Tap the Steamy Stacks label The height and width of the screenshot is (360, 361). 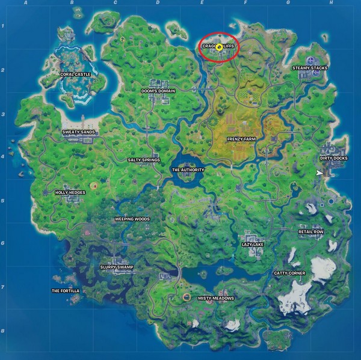[x=310, y=68]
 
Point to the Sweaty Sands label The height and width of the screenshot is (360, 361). [x=78, y=131]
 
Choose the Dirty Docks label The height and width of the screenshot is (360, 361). [x=333, y=158]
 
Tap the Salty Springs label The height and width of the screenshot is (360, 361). [x=144, y=160]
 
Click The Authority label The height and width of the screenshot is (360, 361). [x=188, y=169]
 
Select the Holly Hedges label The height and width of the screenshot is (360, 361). [x=70, y=192]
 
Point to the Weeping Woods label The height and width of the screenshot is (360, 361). [x=132, y=219]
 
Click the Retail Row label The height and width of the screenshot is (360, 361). [x=310, y=231]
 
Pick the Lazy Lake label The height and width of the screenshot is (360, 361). [x=253, y=245]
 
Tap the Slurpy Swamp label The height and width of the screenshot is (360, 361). [x=117, y=267]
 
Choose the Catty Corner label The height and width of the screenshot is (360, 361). [x=289, y=273]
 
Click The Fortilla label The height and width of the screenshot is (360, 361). [x=65, y=290]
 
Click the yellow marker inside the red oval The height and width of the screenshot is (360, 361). [x=220, y=46]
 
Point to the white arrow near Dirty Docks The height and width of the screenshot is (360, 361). [x=319, y=173]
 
